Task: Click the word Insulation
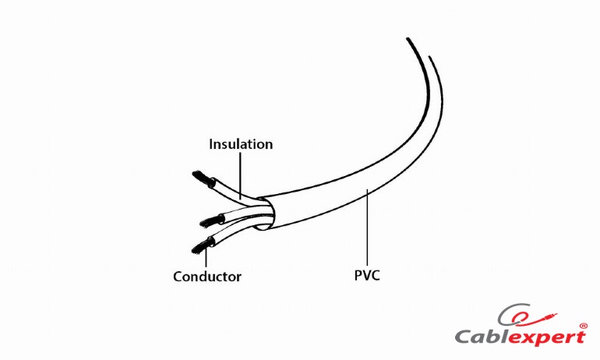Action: click(x=241, y=144)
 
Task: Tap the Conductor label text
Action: click(x=207, y=276)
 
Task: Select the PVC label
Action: click(x=367, y=275)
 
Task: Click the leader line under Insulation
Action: click(x=240, y=175)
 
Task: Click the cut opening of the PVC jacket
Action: click(x=266, y=214)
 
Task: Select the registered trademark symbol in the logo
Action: click(x=583, y=326)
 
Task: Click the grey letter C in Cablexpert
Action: click(x=464, y=337)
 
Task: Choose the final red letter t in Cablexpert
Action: click(x=580, y=337)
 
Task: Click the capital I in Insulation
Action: click(x=211, y=144)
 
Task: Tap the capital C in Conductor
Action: click(x=178, y=276)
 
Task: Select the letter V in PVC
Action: click(x=366, y=275)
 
